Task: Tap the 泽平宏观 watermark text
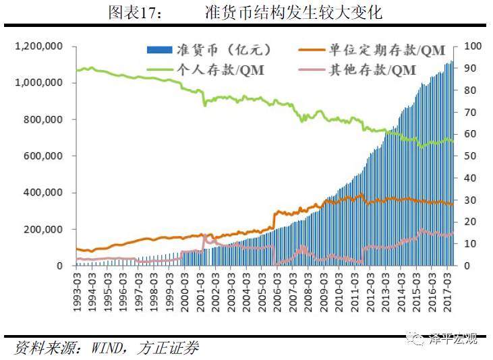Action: tap(453, 339)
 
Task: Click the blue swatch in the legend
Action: tap(159, 50)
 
